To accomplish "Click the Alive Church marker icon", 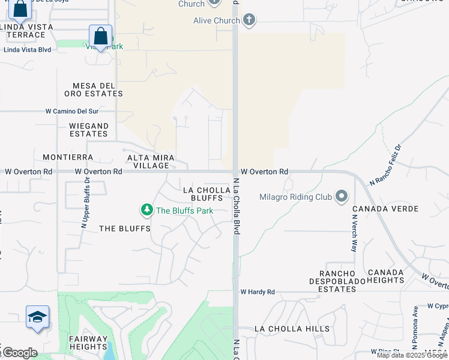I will [249, 20].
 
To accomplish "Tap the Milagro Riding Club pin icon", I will [342, 196].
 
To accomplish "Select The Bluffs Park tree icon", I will [146, 210].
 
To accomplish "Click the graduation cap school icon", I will [37, 317].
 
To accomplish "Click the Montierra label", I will [68, 157].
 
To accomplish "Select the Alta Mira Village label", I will [151, 161].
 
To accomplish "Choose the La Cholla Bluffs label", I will [206, 194].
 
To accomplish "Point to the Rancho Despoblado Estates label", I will [333, 284].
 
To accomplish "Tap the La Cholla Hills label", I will [292, 329].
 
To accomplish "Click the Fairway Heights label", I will [88, 343].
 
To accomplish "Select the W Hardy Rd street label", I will [258, 292].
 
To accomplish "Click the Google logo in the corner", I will [20, 353].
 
